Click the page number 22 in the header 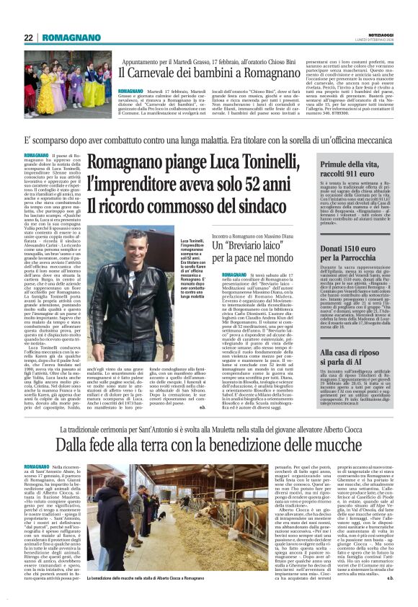[x=28, y=38]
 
